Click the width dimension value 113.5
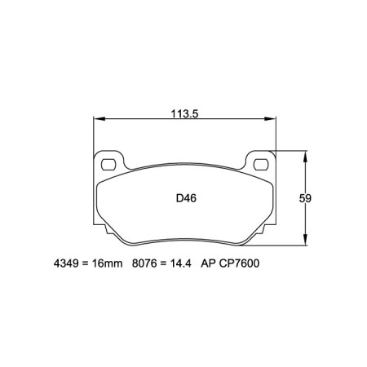click(184, 113)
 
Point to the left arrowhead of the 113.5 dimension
click(95, 121)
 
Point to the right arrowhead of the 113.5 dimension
click(274, 121)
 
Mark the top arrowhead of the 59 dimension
click(306, 153)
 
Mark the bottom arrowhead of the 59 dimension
click(306, 244)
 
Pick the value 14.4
click(180, 265)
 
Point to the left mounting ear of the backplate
click(106, 161)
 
